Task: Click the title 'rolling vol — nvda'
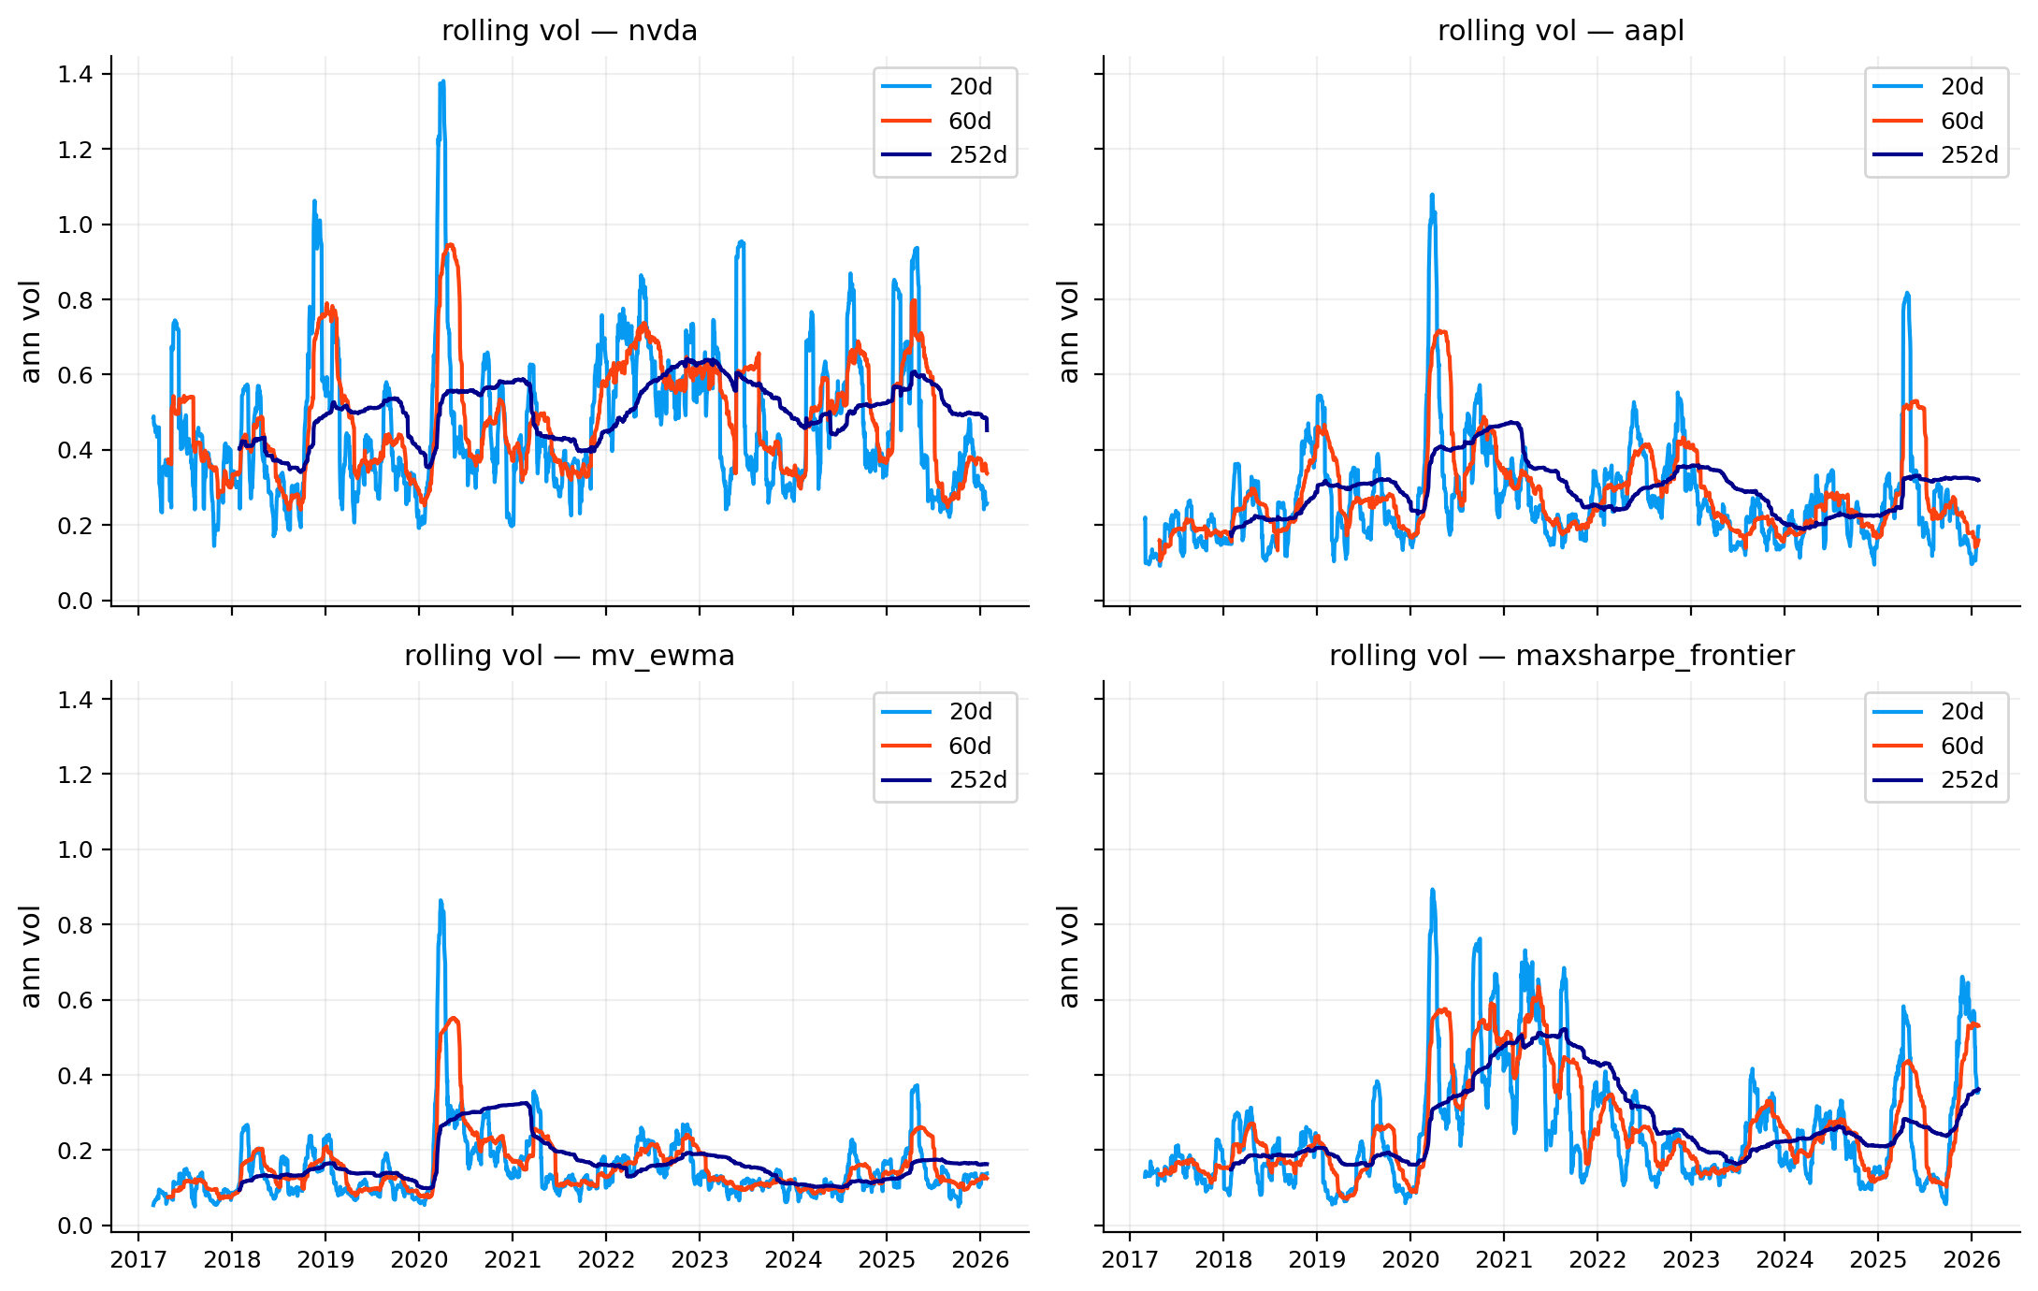tap(569, 31)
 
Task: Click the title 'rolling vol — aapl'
tap(1560, 31)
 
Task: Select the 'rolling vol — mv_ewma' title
tap(569, 656)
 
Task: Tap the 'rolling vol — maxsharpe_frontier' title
tap(1561, 656)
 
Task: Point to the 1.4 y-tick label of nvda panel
tap(76, 74)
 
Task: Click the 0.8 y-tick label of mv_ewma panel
tap(76, 925)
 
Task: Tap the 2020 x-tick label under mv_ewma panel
tap(419, 1260)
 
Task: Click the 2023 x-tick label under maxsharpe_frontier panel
tap(1691, 1260)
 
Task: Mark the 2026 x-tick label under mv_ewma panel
tap(980, 1260)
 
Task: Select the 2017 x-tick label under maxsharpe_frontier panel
tap(1130, 1260)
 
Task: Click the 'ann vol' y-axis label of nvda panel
tap(31, 331)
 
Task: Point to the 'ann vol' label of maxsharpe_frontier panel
tap(1068, 956)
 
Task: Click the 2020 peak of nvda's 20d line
tap(441, 81)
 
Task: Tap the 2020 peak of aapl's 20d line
tap(1432, 195)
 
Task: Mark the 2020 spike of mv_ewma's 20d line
tap(441, 901)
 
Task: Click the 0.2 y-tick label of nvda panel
tap(76, 526)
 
